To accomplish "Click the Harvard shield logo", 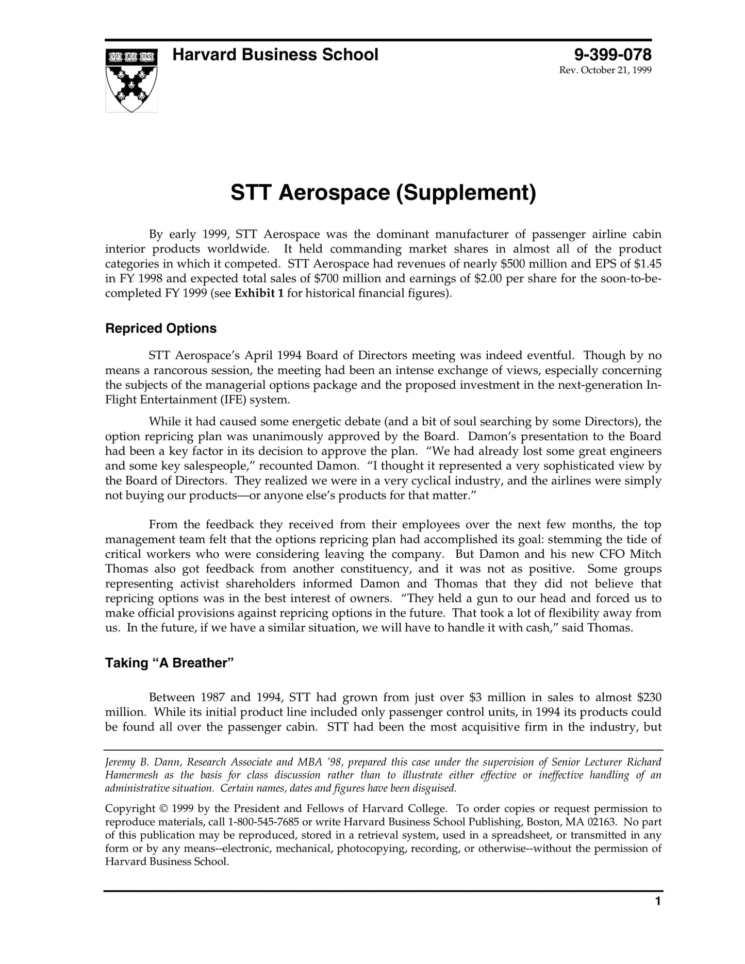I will pyautogui.click(x=131, y=80).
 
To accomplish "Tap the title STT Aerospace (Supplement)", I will pyautogui.click(x=383, y=193).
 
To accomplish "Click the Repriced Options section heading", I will pyautogui.click(x=161, y=328).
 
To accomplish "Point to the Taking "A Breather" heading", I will pyautogui.click(x=170, y=663).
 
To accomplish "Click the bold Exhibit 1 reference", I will pyautogui.click(x=259, y=294).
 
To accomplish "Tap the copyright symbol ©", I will pyautogui.click(x=163, y=809).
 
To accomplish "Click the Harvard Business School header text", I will pyautogui.click(x=275, y=55).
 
